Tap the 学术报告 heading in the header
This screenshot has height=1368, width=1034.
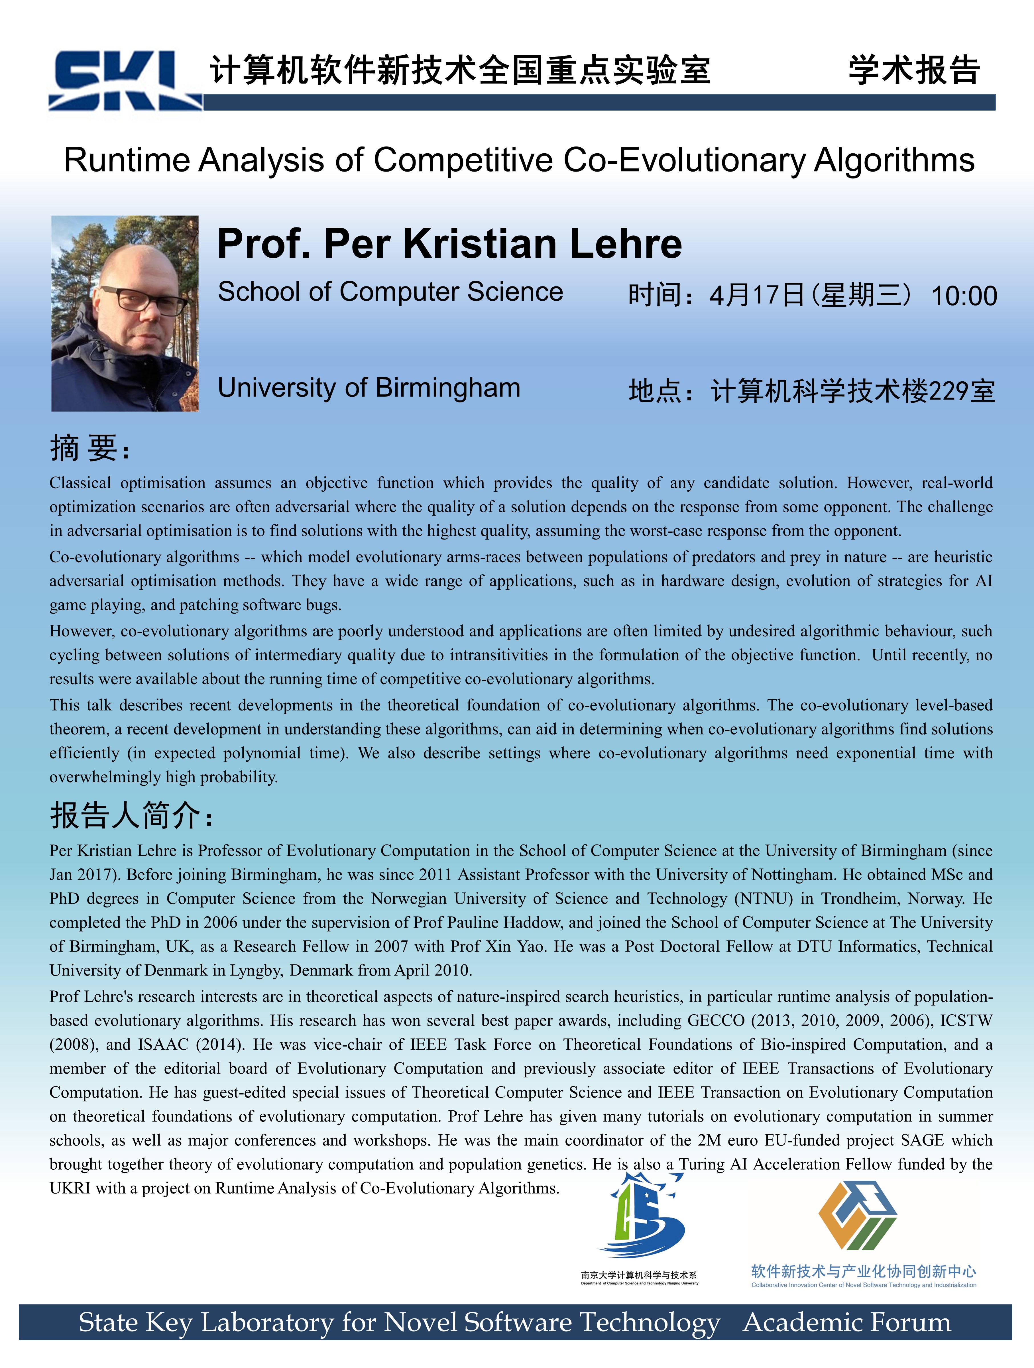coord(914,70)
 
